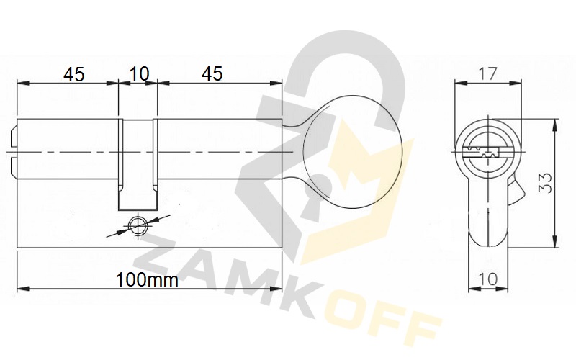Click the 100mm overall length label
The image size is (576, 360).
coord(147,280)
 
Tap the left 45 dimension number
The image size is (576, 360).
coord(74,75)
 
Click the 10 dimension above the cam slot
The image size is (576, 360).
coord(140,74)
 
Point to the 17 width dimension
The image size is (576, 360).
coord(488,74)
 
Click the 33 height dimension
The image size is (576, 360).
coord(546,183)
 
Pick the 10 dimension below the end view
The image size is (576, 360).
coord(488,279)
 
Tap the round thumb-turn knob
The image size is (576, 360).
coord(353,151)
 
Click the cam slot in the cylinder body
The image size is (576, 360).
coord(138,165)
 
